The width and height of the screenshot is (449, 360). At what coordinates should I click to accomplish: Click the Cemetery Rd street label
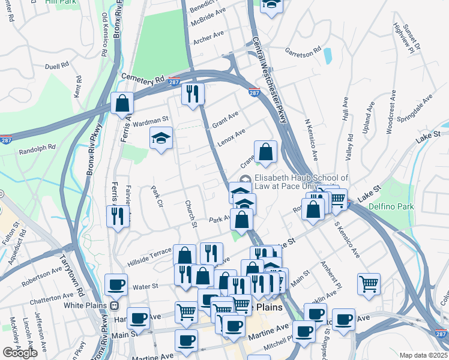(x=142, y=78)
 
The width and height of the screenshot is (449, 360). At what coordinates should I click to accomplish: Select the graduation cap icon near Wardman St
(x=161, y=139)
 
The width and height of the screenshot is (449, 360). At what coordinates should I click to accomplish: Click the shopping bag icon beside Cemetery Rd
(x=122, y=103)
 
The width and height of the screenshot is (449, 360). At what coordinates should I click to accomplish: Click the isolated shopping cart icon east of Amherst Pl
(x=369, y=284)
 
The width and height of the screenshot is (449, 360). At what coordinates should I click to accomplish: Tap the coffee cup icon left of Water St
(x=116, y=285)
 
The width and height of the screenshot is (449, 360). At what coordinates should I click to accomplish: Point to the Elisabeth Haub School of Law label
(x=301, y=182)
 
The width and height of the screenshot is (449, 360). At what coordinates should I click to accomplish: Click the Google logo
(x=20, y=352)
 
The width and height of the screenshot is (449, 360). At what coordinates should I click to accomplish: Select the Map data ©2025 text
(x=424, y=355)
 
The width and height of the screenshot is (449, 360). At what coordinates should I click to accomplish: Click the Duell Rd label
(x=56, y=67)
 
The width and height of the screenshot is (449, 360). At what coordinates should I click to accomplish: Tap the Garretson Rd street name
(x=304, y=52)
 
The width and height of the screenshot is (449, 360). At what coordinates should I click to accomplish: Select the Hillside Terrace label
(x=149, y=258)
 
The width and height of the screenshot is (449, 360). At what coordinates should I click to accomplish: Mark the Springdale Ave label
(x=418, y=107)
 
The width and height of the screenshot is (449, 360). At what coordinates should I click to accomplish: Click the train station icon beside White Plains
(x=113, y=305)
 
